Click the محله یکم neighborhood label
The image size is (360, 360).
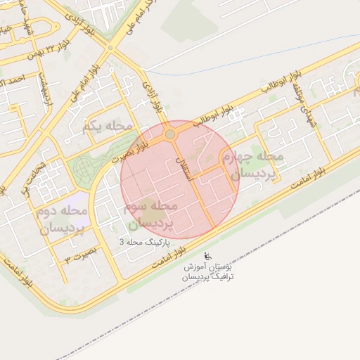point(108,126)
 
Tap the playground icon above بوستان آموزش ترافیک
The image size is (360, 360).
point(207,255)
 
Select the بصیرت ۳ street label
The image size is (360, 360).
point(79,255)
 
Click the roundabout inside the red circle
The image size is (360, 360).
point(169,134)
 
